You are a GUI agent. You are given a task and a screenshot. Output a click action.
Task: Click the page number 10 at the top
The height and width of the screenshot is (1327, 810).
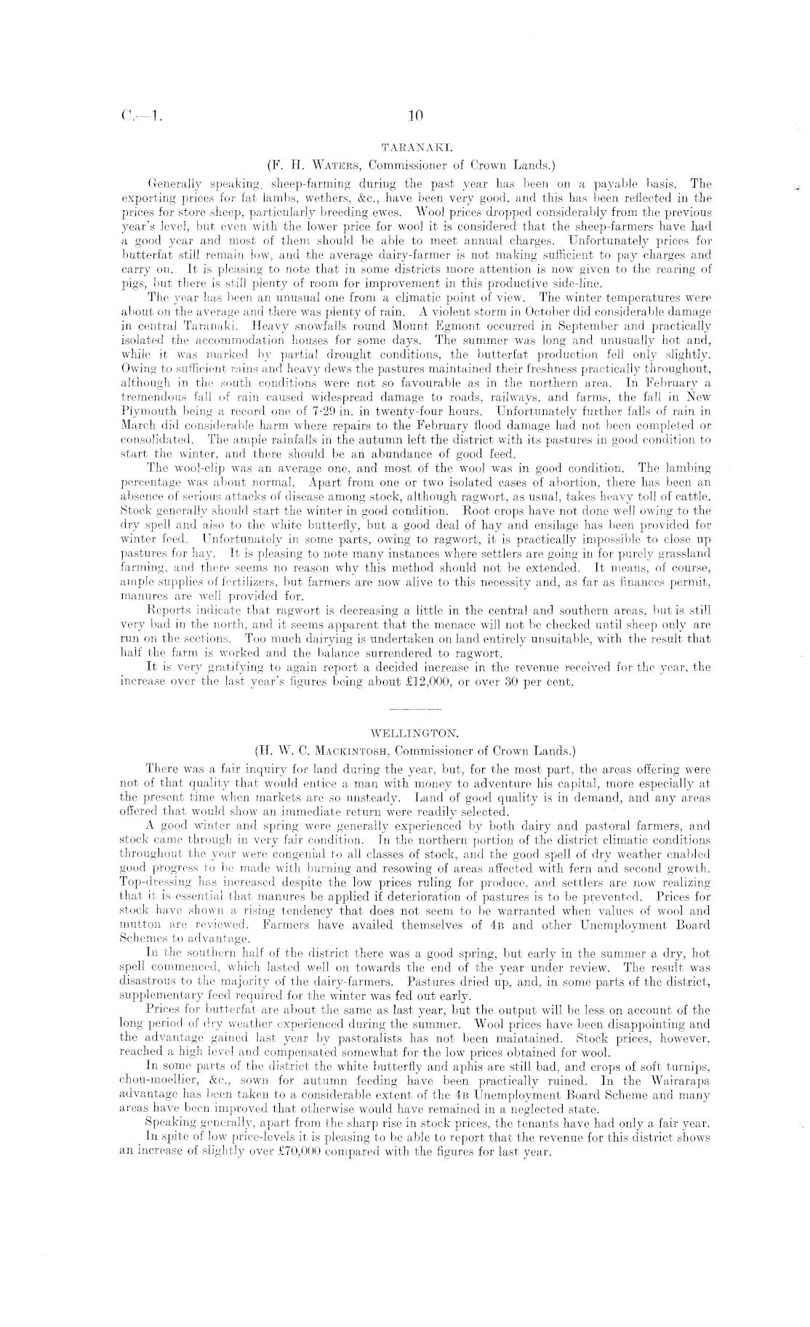click(x=416, y=115)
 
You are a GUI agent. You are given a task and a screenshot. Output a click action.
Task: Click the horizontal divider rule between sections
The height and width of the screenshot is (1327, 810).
click(x=415, y=707)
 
